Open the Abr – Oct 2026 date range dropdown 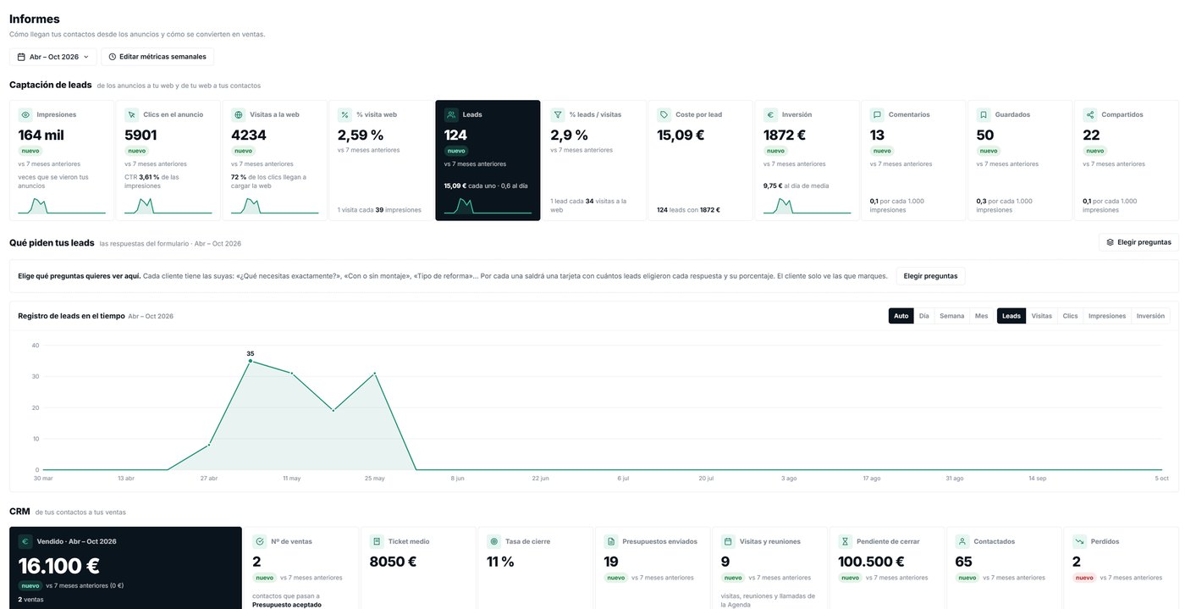coord(52,57)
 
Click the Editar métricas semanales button coord(157,57)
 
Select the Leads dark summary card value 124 coord(455,135)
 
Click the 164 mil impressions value coord(41,135)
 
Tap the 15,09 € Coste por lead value coord(681,135)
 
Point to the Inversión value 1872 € coord(784,135)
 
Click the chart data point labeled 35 coord(251,361)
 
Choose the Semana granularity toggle coord(951,316)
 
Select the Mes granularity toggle coord(981,316)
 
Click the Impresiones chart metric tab coord(1107,316)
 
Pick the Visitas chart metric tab coord(1042,316)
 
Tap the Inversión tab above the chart coord(1150,316)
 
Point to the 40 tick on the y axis coord(36,346)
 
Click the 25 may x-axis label coord(374,479)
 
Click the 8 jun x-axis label coord(457,479)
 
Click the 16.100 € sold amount coord(58,566)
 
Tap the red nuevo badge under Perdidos coord(1084,578)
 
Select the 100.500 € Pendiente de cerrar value coord(871,562)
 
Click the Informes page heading coord(35,19)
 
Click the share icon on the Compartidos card coord(1090,115)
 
